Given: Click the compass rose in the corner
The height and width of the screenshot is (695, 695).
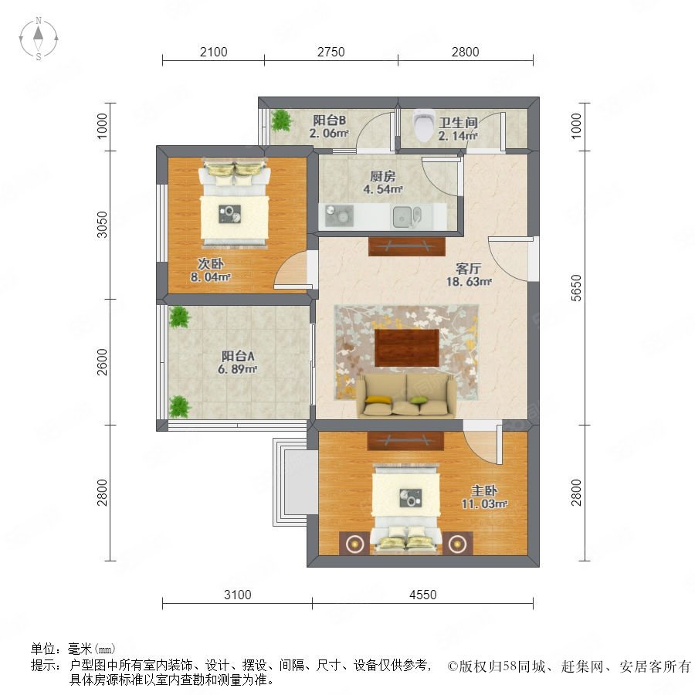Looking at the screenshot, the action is [x=39, y=39].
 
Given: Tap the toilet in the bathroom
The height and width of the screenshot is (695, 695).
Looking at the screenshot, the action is [x=422, y=124].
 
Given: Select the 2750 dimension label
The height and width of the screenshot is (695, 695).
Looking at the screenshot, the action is [x=331, y=53].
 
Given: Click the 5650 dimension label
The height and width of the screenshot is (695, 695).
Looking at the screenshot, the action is [x=576, y=288].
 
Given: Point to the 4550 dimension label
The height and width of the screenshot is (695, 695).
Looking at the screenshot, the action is [x=423, y=595].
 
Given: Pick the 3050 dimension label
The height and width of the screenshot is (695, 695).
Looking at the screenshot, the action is [x=102, y=225].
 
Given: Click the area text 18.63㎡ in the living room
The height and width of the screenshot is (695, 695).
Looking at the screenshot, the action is [x=469, y=281].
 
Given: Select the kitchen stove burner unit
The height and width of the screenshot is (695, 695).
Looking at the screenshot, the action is [x=339, y=215].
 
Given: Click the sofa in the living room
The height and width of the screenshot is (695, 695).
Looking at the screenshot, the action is [x=407, y=395].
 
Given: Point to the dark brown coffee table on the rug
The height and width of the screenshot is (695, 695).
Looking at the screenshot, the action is [x=407, y=347].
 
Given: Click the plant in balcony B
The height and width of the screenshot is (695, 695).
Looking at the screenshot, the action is [x=281, y=120].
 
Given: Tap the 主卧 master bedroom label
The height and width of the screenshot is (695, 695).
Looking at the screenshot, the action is [x=484, y=490].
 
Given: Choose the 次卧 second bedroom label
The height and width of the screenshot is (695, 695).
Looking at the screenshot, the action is [x=211, y=264].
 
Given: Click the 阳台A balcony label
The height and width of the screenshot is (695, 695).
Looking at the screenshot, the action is [x=238, y=356].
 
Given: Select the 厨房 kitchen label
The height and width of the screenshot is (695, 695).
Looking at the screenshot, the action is [x=383, y=176].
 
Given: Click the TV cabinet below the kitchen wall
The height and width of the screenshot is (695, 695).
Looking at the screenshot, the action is [x=407, y=246].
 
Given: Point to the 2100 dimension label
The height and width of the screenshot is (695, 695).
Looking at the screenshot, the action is [x=214, y=53].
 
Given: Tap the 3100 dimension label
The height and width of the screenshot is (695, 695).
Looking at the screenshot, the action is [x=238, y=595].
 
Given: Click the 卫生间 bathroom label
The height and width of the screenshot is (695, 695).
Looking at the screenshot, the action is [x=458, y=122].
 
